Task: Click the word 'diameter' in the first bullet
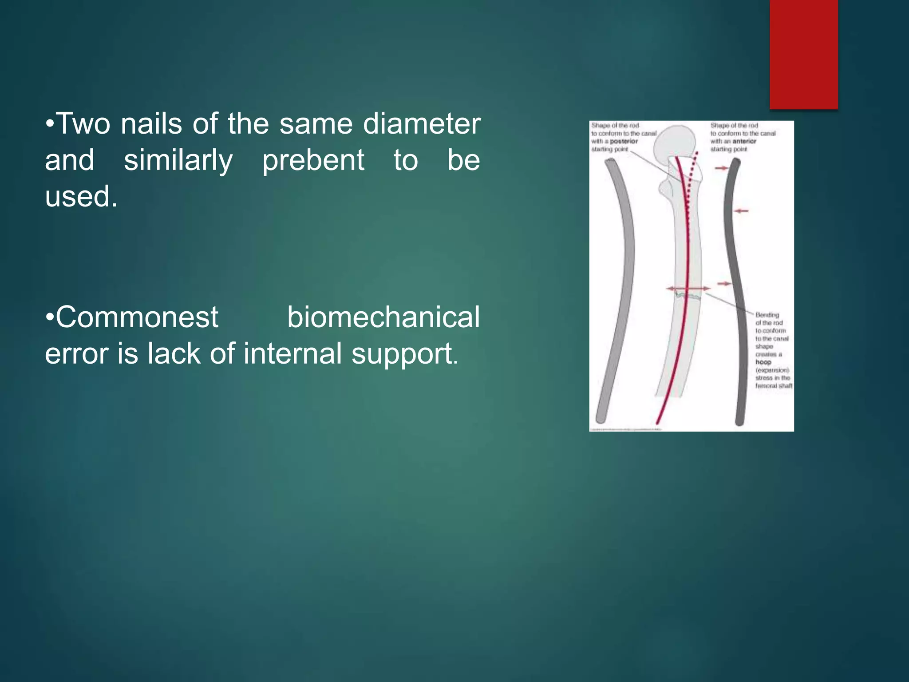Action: (x=422, y=124)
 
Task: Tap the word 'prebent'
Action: (x=313, y=160)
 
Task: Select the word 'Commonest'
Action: (x=137, y=317)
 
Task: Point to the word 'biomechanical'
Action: (x=383, y=317)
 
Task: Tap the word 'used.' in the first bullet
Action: (x=81, y=196)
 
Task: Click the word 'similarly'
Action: (x=178, y=160)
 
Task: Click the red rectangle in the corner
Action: (x=803, y=53)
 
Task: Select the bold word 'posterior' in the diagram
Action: (x=624, y=141)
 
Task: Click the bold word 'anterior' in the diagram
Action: (x=744, y=141)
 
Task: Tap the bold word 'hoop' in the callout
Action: (x=763, y=362)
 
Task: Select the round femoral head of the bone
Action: (x=675, y=142)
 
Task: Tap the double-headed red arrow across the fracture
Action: (x=687, y=289)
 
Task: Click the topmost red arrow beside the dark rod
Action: (x=722, y=168)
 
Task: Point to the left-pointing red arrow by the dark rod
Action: (x=741, y=211)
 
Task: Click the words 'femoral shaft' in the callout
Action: (x=774, y=386)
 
